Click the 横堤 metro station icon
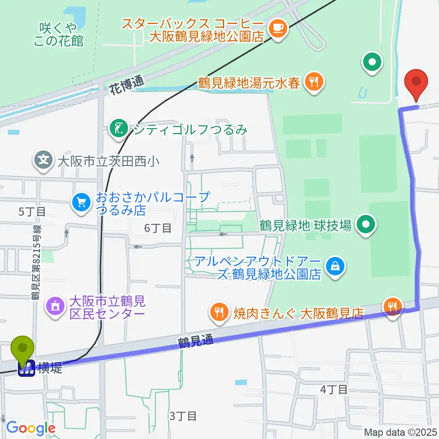point(26,368)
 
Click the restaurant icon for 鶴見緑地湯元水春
point(313,83)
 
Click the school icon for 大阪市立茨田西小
point(43,161)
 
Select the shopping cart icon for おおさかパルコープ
point(82,203)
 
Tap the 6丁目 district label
point(158,228)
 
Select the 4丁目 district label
point(333,390)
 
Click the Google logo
point(31,428)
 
